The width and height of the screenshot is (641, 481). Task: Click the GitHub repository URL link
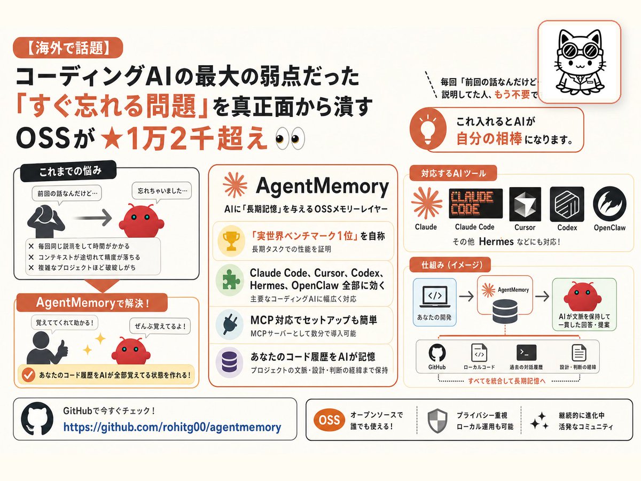click(173, 427)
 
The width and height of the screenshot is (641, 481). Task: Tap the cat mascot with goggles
click(579, 62)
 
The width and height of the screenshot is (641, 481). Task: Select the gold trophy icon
click(231, 241)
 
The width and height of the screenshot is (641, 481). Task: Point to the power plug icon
click(230, 324)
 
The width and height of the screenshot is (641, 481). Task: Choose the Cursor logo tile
click(525, 204)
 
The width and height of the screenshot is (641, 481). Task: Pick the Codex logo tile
click(567, 204)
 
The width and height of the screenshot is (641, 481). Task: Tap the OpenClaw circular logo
click(610, 204)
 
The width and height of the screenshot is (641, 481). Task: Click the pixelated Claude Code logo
click(475, 203)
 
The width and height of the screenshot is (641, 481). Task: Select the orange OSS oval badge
click(329, 420)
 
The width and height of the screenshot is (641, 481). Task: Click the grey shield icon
click(437, 421)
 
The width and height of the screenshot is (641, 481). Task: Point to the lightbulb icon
click(428, 129)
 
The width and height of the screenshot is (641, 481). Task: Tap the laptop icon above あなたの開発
click(434, 296)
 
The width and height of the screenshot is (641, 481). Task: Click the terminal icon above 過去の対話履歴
click(526, 353)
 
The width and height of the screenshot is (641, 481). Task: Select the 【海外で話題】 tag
click(68, 48)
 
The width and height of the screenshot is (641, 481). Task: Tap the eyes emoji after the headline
click(290, 138)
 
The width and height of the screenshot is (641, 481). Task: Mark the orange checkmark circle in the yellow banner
click(28, 375)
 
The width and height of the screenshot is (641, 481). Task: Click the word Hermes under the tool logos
click(496, 242)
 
